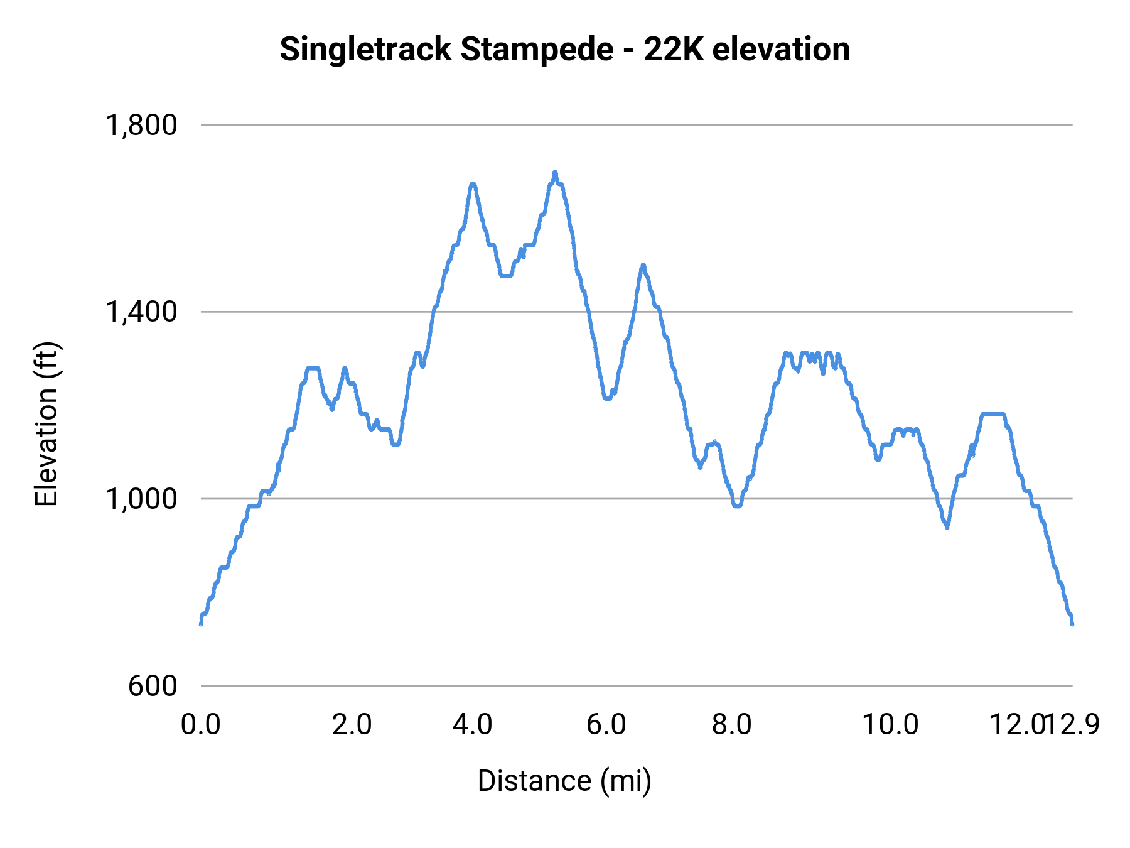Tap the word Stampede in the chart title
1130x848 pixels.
click(537, 50)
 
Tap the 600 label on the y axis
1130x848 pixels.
click(153, 686)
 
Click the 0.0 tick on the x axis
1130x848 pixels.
click(201, 725)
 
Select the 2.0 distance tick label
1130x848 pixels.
click(352, 725)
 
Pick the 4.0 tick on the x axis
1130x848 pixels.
click(473, 725)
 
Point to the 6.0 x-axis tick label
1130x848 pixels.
click(606, 725)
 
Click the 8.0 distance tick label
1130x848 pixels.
click(732, 725)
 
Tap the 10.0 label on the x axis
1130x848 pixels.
click(890, 725)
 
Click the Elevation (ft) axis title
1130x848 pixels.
click(46, 424)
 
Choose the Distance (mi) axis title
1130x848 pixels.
click(564, 781)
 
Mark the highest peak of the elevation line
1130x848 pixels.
click(555, 172)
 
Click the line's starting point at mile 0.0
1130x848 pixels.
click(201, 623)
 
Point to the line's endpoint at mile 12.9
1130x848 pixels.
click(1072, 623)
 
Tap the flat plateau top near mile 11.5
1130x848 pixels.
click(993, 414)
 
